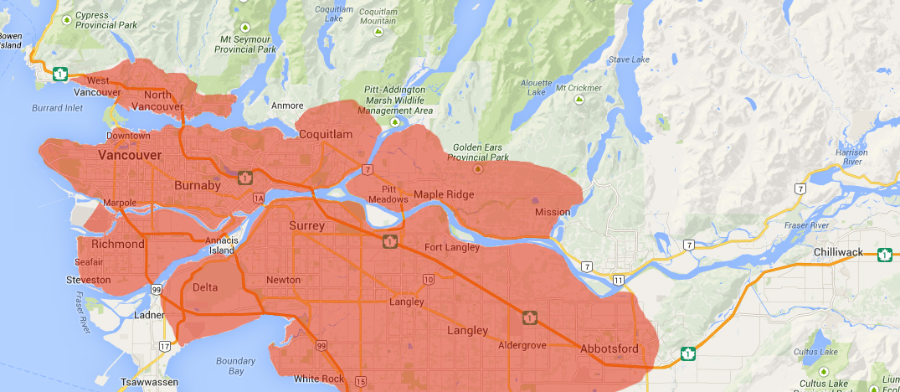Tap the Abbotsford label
coord(609,348)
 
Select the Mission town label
coord(553,212)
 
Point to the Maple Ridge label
coord(444,194)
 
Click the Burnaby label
coord(198,185)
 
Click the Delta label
coord(205,287)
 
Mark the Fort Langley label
coord(452,247)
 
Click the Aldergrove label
coord(522,345)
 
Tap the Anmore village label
coord(287,106)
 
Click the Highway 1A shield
coord(258,198)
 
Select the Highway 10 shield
coord(428,279)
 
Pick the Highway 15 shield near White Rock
coord(360,382)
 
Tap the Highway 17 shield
coord(165,345)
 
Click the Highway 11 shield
coord(618,279)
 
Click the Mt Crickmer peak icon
coord(578,100)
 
